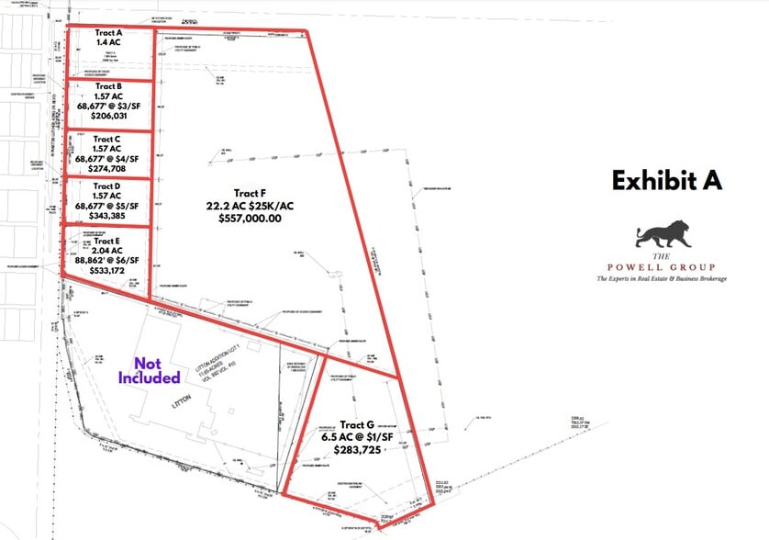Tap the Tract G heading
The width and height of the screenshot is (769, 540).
[x=357, y=425]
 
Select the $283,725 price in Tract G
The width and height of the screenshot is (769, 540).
[x=357, y=452]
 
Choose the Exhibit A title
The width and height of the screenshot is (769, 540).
[x=667, y=180]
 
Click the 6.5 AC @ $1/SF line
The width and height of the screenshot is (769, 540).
[x=357, y=439]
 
